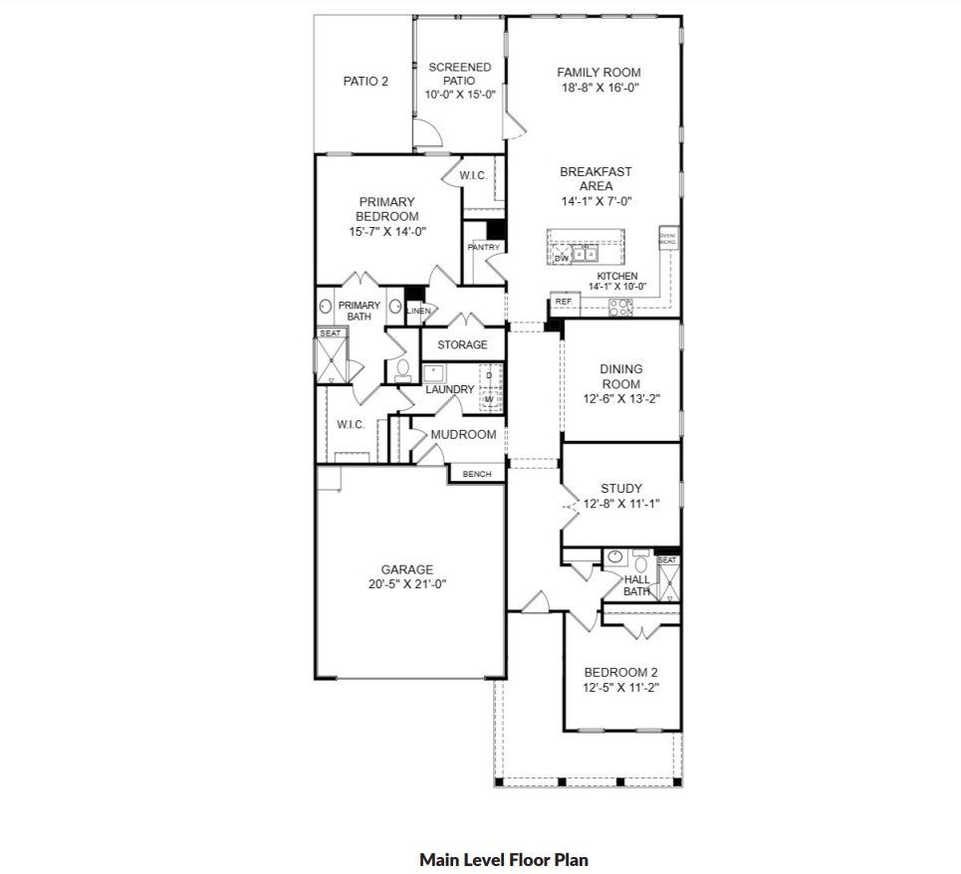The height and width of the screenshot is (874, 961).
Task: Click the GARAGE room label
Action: tap(406, 570)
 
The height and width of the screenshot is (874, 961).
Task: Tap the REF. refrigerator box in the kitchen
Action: tap(564, 301)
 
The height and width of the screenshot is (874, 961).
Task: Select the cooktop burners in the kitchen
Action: tap(621, 306)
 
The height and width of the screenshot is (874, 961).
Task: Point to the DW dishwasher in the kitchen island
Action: tap(561, 257)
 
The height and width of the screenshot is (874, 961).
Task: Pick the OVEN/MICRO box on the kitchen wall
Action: tap(667, 239)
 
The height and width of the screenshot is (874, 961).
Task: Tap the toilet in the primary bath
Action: tap(402, 370)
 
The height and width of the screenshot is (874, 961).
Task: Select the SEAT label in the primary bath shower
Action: tap(330, 333)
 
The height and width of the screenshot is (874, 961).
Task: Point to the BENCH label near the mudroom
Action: tap(477, 474)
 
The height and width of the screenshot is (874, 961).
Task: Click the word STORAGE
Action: tap(462, 344)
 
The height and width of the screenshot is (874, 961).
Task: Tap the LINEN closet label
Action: tap(419, 312)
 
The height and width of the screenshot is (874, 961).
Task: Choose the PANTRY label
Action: tap(483, 247)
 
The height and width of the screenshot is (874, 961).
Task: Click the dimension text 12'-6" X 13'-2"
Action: tap(621, 398)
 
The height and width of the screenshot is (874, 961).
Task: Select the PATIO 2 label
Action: tap(365, 81)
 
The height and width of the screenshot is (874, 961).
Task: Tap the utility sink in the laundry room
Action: tap(435, 374)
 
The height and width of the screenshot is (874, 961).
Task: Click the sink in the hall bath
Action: tap(615, 558)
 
